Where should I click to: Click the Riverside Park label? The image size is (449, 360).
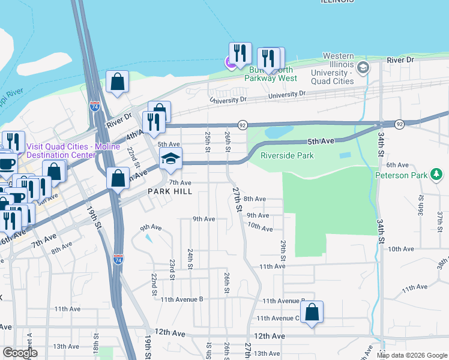tap(288, 156)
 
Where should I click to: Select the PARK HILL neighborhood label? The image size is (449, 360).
tap(170, 191)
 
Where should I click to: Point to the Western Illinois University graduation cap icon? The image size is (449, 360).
tap(363, 67)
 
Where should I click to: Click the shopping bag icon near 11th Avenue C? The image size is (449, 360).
tap(312, 313)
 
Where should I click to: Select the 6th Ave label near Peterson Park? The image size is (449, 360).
tap(397, 165)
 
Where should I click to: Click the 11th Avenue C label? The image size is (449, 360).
tap(279, 318)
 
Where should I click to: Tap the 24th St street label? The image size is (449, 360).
tap(190, 259)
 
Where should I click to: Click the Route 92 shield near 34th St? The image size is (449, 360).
tap(399, 124)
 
